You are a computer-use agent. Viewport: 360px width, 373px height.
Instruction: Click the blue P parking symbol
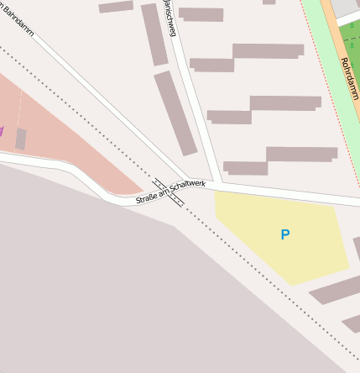(285, 235)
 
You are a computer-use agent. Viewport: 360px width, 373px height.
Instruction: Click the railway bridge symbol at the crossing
(169, 192)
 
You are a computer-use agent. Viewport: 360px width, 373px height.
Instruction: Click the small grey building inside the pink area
(20, 139)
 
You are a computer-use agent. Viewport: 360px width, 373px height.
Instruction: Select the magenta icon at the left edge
(2, 131)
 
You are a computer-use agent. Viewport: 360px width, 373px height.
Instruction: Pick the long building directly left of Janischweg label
(154, 34)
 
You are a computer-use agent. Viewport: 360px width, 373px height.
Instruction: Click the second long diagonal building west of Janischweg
(175, 113)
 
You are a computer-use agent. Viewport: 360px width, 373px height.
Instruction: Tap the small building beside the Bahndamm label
(116, 7)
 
